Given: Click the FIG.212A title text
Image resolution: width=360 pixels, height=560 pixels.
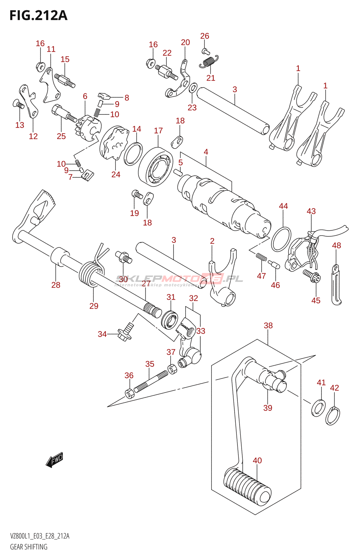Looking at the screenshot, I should (38, 16).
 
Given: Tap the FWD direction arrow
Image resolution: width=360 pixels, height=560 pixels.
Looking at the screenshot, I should (55, 460).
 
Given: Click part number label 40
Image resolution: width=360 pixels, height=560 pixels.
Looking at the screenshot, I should (257, 461).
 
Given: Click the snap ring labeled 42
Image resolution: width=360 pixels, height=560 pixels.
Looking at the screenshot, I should (332, 416).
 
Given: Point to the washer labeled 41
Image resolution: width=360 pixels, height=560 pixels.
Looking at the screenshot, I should (318, 408).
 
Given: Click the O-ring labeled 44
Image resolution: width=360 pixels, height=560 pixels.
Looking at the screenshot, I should (281, 239).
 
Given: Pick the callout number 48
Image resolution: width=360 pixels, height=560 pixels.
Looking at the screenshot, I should (336, 245).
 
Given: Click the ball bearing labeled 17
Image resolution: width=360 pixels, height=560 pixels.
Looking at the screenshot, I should (156, 166).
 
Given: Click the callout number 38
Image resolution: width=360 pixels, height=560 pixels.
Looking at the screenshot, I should (268, 325).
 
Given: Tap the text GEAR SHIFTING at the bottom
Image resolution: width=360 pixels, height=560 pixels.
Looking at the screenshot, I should (29, 547).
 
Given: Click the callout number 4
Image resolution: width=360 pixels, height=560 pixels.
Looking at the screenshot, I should (206, 152).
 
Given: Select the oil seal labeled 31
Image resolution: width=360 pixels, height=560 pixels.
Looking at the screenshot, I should (170, 319).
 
